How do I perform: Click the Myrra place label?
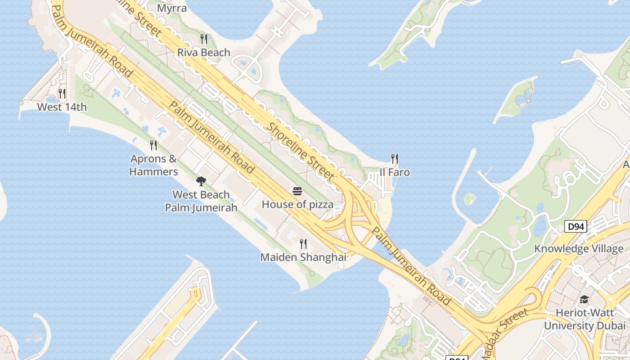pyautogui.click(x=172, y=8)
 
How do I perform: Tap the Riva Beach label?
pyautogui.click(x=204, y=52)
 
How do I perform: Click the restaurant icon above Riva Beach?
pyautogui.click(x=204, y=39)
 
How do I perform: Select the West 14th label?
pyautogui.click(x=62, y=107)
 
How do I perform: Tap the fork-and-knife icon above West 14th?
pyautogui.click(x=62, y=94)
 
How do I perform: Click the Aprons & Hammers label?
pyautogui.click(x=154, y=165)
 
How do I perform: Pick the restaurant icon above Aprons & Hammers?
pyautogui.click(x=153, y=145)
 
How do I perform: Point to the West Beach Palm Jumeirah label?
pyautogui.click(x=201, y=201)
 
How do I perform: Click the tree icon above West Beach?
pyautogui.click(x=201, y=181)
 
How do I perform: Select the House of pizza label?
pyautogui.click(x=297, y=204)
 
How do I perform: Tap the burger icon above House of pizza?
pyautogui.click(x=297, y=191)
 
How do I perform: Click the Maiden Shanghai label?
pyautogui.click(x=303, y=257)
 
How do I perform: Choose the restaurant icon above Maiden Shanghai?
pyautogui.click(x=303, y=244)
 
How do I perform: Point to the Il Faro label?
pyautogui.click(x=395, y=172)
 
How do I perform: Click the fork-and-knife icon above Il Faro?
pyautogui.click(x=395, y=159)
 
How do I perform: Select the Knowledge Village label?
pyautogui.click(x=579, y=249)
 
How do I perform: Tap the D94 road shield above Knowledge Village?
pyautogui.click(x=576, y=226)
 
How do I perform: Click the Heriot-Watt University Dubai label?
pyautogui.click(x=585, y=319)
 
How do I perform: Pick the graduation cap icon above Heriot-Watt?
pyautogui.click(x=584, y=300)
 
